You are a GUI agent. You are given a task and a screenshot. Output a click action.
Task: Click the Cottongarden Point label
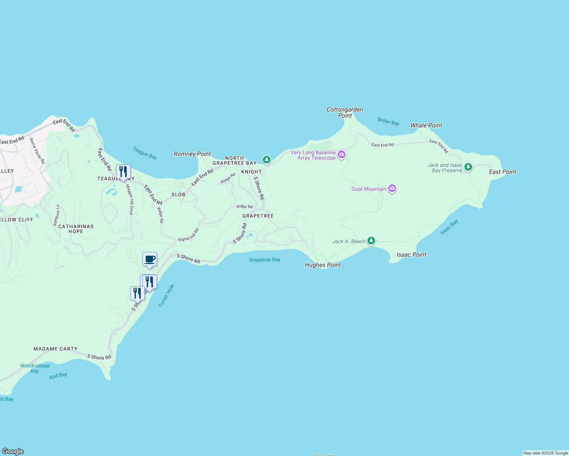[345, 112]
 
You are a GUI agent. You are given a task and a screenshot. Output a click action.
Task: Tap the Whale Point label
[426, 125]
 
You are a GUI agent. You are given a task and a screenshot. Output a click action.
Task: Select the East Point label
[502, 172]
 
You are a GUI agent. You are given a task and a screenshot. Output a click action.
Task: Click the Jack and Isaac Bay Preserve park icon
[468, 167]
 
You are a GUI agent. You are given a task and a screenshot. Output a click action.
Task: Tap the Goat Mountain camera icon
[392, 188]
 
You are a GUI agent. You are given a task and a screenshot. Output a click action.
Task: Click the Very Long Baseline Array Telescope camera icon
[342, 154]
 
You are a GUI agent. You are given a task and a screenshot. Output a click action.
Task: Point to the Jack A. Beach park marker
[371, 241]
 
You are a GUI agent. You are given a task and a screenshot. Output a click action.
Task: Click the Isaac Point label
[411, 255]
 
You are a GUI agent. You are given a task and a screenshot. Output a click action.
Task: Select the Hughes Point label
[323, 265]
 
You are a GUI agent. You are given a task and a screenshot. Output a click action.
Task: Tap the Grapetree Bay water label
[264, 260]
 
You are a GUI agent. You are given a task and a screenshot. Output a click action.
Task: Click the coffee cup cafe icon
[149, 260]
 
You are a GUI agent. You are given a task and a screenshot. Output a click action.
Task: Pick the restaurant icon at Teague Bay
[123, 172]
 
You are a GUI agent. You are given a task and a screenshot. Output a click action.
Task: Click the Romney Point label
[192, 154]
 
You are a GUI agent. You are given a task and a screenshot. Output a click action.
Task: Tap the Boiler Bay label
[388, 121]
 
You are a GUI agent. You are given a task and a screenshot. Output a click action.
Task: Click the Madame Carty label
[56, 349]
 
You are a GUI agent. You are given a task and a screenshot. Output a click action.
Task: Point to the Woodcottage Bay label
[35, 368]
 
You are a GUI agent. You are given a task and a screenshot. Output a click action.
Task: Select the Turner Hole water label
[166, 296]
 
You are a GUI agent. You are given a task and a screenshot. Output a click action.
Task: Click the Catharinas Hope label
[76, 229]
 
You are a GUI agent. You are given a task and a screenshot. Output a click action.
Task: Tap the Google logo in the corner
[13, 451]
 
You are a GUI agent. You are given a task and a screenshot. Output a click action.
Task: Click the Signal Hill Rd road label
[188, 235]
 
